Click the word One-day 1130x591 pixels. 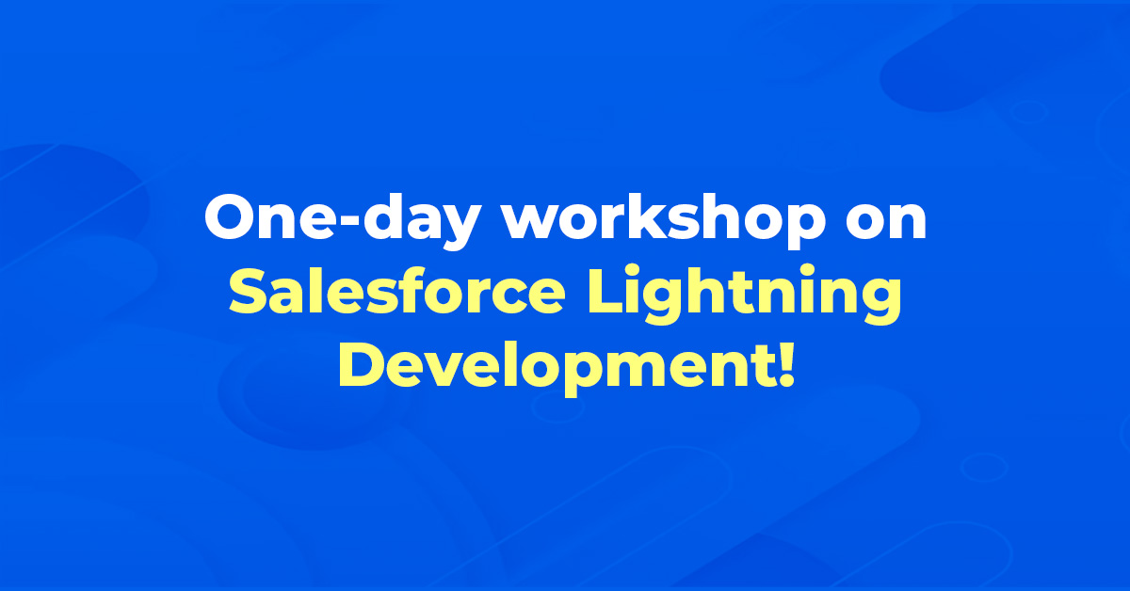click(x=342, y=221)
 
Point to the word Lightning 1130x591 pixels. click(x=745, y=294)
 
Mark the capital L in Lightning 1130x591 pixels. click(x=605, y=291)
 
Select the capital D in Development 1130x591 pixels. click(x=363, y=363)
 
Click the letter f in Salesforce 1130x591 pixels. click(x=409, y=289)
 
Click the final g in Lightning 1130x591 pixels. click(x=878, y=300)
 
